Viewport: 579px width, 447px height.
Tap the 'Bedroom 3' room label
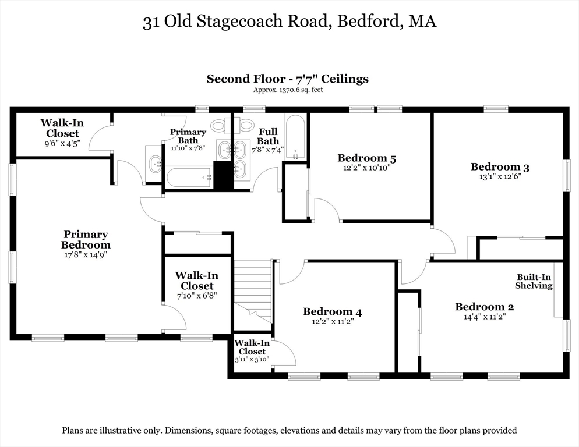tap(500, 167)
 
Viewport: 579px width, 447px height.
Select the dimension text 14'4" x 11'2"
tap(484, 317)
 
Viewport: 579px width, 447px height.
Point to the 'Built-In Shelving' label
tap(534, 281)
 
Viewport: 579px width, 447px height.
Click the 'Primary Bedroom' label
tap(86, 239)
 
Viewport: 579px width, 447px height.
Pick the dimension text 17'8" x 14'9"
tap(86, 254)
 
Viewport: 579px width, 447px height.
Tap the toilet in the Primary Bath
tap(220, 125)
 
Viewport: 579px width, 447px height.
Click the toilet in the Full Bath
tap(247, 125)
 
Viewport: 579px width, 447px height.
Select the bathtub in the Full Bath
tap(295, 137)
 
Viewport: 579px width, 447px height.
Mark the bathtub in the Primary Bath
tap(189, 176)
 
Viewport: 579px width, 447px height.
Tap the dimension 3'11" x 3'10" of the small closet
tap(252, 360)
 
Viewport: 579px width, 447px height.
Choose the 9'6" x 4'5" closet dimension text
tap(59, 143)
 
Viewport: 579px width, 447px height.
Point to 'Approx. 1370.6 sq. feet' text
tap(288, 90)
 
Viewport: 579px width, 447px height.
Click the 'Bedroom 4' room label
tap(332, 312)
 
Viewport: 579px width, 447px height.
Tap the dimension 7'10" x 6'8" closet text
tap(197, 296)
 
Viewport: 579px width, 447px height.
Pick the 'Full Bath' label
tap(268, 137)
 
